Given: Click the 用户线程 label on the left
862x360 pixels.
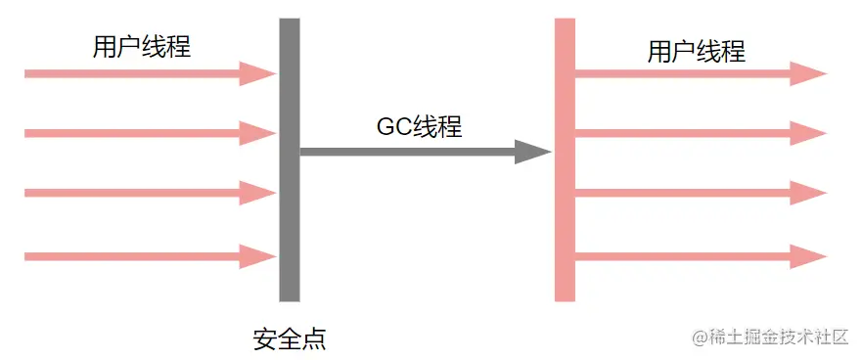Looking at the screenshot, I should click(x=141, y=47).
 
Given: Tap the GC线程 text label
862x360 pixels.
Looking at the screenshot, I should click(x=419, y=126).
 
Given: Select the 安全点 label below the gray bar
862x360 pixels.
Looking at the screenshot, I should click(x=289, y=339).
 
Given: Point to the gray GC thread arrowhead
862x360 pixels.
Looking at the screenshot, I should click(x=532, y=152).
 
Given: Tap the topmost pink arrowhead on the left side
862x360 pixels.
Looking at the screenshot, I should click(x=257, y=73).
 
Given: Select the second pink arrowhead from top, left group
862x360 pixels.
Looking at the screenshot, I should click(x=257, y=132).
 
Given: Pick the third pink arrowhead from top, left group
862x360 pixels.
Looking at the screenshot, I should click(x=257, y=193).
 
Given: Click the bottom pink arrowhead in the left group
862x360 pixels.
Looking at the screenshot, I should click(x=257, y=256).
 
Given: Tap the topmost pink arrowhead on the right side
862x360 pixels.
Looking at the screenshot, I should click(x=808, y=73).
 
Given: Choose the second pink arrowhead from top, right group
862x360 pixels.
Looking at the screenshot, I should click(x=808, y=132).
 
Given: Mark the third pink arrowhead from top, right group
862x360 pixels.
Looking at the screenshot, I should click(x=808, y=193).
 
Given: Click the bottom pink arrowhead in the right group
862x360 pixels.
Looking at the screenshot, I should click(x=808, y=256).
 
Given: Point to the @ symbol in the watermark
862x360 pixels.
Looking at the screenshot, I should click(x=700, y=337).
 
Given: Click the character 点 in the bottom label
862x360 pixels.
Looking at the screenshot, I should click(x=313, y=339).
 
